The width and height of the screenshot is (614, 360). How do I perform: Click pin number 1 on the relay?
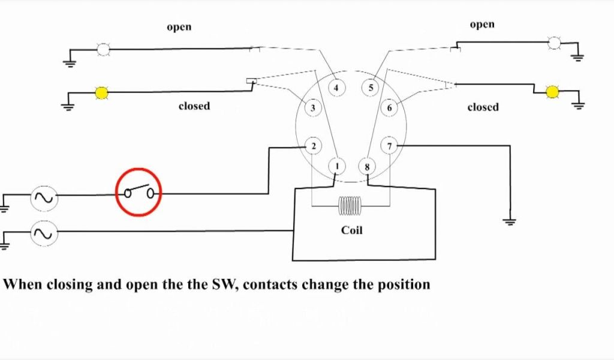click(337, 166)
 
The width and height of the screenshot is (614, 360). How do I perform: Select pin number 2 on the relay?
click(312, 146)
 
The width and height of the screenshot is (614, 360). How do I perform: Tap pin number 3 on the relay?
click(312, 108)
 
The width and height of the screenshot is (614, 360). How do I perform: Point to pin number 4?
click(336, 88)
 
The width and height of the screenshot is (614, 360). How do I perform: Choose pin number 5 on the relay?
click(371, 88)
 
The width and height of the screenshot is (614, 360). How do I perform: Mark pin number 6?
click(390, 108)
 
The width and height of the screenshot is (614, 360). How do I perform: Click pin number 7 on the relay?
click(390, 146)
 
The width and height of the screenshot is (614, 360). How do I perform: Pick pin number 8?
click(367, 166)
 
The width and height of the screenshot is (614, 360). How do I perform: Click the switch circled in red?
click(139, 193)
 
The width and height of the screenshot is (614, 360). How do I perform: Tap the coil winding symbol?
click(350, 207)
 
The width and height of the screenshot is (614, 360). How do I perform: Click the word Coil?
click(351, 230)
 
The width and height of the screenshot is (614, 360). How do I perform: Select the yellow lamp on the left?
click(102, 92)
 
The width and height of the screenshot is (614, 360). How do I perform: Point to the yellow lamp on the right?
click(552, 91)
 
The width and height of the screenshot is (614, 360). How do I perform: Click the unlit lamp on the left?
click(104, 49)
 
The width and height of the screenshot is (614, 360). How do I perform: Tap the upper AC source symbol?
click(44, 197)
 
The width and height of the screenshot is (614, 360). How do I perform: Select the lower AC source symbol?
click(44, 233)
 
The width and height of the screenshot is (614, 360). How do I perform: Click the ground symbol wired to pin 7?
click(510, 221)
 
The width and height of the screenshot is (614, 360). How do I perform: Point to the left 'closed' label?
click(194, 106)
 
